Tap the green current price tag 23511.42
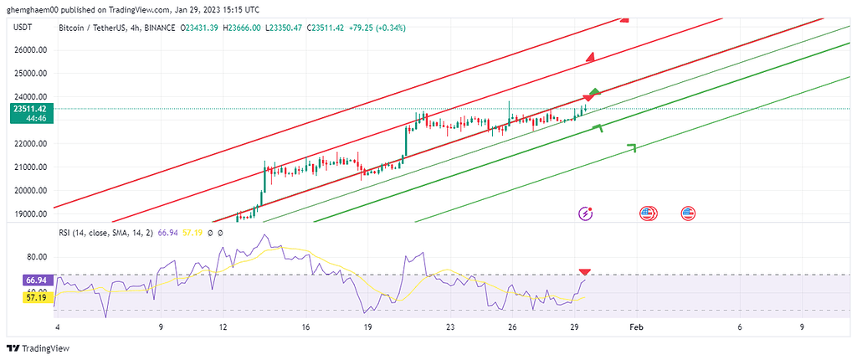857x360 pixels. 28,109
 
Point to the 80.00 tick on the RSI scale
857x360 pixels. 35,257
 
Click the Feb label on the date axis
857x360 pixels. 636,328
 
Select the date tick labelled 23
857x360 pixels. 450,328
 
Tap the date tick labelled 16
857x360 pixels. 306,328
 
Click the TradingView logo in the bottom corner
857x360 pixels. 38,348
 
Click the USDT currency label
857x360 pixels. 23,28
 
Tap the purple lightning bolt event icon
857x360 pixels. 586,213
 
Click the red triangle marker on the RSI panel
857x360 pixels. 585,272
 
